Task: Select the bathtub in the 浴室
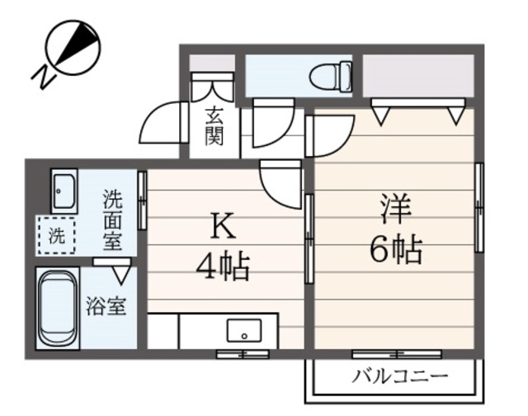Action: point(58,307)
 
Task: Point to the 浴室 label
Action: point(107,306)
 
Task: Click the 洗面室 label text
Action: point(112,220)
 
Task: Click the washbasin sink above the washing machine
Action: point(63,192)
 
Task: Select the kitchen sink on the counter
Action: point(244,330)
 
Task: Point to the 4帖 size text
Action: point(221,266)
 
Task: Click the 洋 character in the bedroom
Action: point(395,209)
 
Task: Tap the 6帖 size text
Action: point(396,248)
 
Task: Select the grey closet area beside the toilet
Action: point(417,74)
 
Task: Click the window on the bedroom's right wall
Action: point(478,206)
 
